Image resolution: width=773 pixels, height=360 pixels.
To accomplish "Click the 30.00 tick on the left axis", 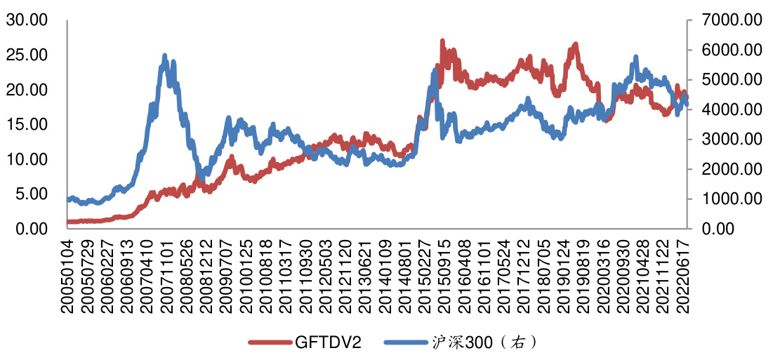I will click(27, 20).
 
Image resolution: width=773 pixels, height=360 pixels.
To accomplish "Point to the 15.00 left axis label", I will click(27, 124).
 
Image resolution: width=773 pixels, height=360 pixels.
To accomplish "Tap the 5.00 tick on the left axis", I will click(31, 194).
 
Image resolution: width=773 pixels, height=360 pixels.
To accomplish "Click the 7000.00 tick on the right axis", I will click(727, 20).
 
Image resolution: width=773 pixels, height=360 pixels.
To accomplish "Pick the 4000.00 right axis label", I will click(727, 109).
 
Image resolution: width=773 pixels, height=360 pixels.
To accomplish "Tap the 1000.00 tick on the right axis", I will click(727, 199).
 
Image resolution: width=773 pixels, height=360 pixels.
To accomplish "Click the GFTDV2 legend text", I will click(329, 342).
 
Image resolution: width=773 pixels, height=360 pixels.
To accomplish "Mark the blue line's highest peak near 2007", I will click(165, 55).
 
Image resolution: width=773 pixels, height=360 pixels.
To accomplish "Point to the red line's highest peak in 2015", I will click(442, 41).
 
